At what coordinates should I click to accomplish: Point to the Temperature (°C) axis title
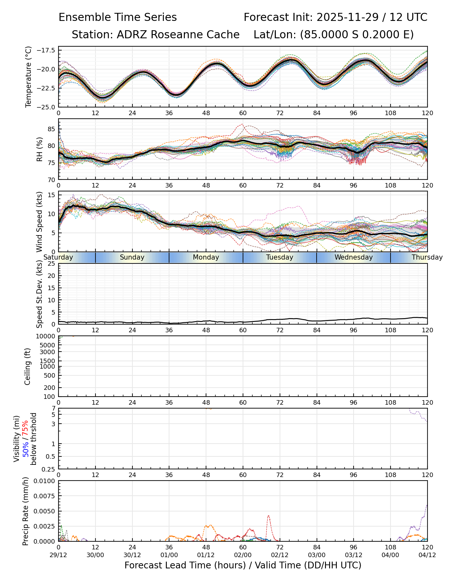coord(29,77)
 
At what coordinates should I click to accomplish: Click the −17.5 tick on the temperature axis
coord(46,50)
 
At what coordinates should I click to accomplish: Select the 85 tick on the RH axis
coord(52,129)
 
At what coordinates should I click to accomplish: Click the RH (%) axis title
coord(40,149)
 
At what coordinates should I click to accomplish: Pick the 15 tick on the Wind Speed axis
coord(52,195)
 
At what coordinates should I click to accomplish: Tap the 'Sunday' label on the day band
coord(132,257)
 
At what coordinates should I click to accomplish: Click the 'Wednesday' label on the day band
coord(354,257)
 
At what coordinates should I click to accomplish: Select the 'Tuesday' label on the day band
coord(280,257)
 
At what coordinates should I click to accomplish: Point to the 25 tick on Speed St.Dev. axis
coord(52,264)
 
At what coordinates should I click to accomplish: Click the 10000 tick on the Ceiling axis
coord(46,336)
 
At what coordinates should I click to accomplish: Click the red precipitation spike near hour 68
coord(268,516)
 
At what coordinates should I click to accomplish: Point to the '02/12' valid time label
coord(280,555)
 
